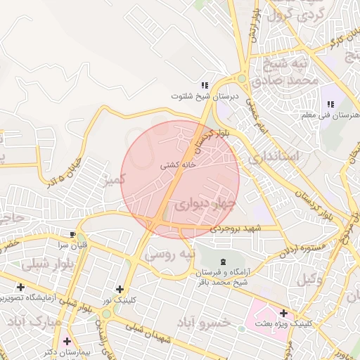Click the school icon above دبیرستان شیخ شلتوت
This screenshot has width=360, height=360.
[x=205, y=84]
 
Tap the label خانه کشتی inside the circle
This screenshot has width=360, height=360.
[x=178, y=166]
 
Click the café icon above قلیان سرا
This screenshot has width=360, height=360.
[x=74, y=233]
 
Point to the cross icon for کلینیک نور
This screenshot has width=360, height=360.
[x=120, y=289]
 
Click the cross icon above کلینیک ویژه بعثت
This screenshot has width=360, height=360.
[x=283, y=313]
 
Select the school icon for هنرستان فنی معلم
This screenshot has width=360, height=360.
[x=330, y=104]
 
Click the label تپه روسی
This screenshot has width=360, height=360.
[x=169, y=255]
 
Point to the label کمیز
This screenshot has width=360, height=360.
[x=112, y=180]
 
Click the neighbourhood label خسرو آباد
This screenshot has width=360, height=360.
[x=204, y=322]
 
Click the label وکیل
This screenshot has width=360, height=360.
[x=310, y=278]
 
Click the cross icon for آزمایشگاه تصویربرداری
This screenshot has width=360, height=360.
[x=20, y=287]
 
